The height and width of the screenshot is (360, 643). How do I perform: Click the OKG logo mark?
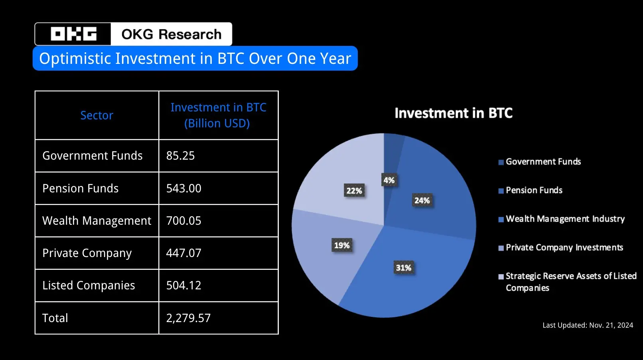[73, 34]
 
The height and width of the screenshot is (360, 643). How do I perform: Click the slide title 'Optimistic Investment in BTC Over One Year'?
[195, 59]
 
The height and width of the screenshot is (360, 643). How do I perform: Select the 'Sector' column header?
[97, 115]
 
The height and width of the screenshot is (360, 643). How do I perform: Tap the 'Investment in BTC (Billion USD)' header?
[218, 115]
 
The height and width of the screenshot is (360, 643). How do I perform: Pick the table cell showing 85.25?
[180, 156]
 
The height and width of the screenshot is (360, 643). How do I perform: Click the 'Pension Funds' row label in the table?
[81, 188]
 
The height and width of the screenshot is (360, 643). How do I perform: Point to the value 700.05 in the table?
[183, 221]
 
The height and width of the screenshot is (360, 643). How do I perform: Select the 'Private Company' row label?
[87, 253]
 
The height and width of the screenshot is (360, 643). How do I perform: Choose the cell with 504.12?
[183, 285]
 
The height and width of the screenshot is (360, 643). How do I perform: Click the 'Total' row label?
[55, 318]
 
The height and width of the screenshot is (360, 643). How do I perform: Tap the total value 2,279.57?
[188, 318]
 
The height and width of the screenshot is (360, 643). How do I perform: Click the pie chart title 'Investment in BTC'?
[454, 113]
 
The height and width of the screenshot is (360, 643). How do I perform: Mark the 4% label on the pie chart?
[389, 180]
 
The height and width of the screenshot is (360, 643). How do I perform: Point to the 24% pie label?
[422, 200]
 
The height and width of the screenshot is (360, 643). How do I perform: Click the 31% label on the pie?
[403, 268]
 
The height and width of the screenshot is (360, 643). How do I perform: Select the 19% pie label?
[342, 245]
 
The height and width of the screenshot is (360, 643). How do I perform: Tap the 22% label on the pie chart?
[354, 191]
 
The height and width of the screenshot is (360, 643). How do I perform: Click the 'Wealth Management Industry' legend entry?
[565, 219]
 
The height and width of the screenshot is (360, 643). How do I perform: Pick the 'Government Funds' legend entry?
[543, 162]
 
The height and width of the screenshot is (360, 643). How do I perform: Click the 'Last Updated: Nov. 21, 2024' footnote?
[588, 325]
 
